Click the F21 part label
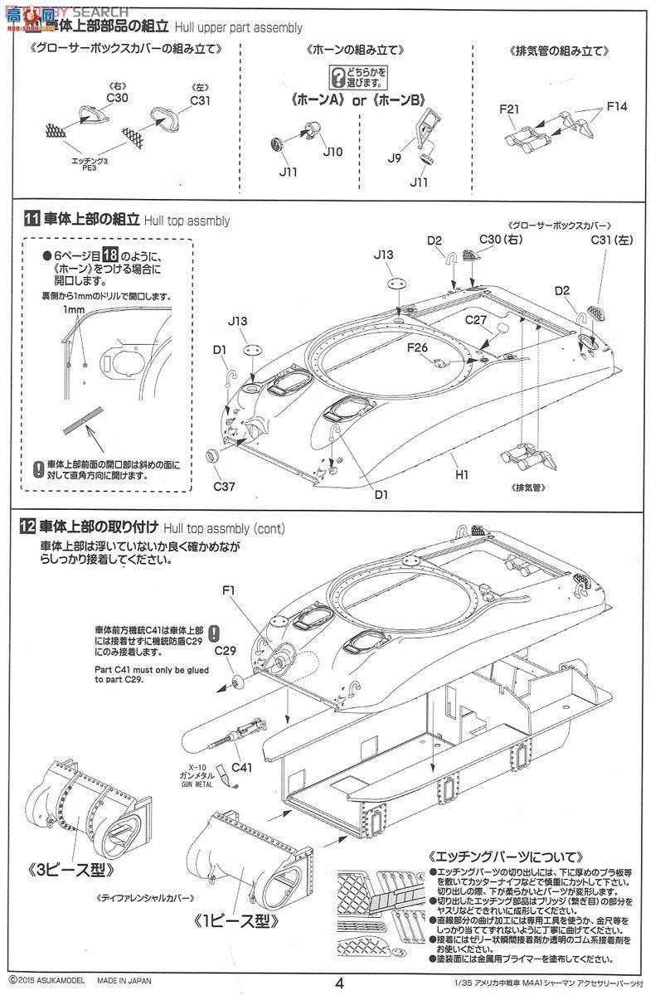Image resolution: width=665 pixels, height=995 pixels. (x=510, y=109)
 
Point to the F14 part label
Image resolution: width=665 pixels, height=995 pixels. (x=617, y=106)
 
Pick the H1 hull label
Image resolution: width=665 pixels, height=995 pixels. (x=463, y=475)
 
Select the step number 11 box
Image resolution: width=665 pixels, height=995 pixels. (x=31, y=220)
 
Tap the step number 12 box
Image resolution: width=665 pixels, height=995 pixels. (x=31, y=526)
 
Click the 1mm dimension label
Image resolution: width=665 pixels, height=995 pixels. (x=72, y=309)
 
